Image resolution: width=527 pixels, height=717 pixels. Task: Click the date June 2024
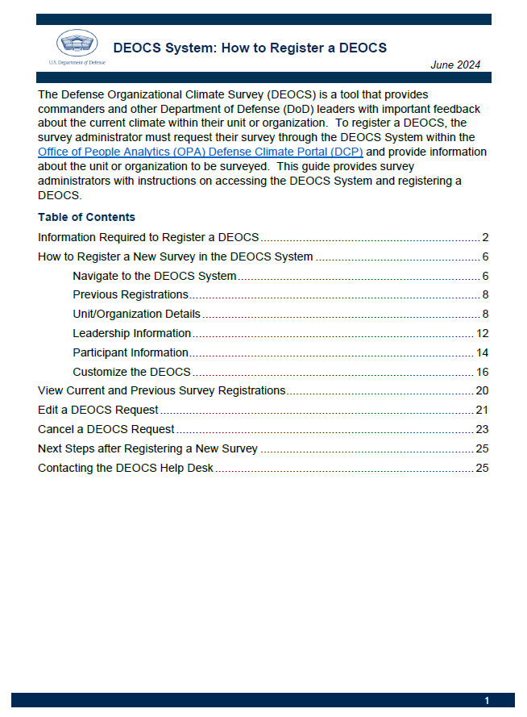click(456, 65)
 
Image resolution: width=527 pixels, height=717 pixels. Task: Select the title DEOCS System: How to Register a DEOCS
click(250, 48)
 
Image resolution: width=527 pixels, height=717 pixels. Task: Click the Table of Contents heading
click(86, 217)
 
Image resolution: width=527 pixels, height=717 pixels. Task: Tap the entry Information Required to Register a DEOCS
click(148, 237)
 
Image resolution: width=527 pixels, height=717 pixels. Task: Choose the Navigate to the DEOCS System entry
click(154, 276)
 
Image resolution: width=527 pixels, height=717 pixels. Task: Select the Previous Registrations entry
click(130, 294)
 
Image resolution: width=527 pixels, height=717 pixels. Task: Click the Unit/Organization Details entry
click(136, 314)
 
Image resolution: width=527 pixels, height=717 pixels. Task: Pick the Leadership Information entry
click(131, 333)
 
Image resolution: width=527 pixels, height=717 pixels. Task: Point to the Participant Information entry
click(130, 352)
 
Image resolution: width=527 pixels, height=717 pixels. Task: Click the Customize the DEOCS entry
click(131, 372)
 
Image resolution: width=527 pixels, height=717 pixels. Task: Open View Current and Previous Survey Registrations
click(161, 390)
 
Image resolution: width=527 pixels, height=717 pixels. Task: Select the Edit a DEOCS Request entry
click(98, 410)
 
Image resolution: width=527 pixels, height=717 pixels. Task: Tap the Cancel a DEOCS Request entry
click(106, 429)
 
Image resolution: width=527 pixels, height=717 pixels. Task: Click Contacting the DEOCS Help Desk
click(125, 468)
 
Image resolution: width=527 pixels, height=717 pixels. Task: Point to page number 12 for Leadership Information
click(483, 333)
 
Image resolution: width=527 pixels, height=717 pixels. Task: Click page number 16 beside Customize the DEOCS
click(483, 372)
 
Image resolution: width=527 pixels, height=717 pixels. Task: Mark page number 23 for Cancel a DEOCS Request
click(483, 429)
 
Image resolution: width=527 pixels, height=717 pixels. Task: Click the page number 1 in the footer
click(487, 701)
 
